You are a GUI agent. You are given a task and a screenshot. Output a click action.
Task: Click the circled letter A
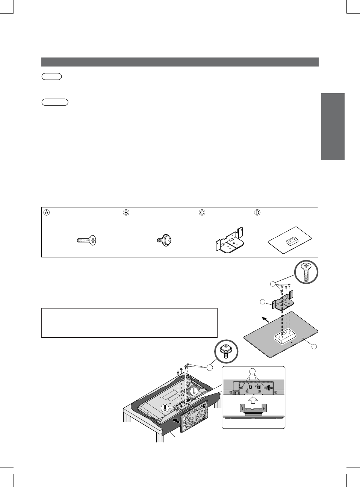coord(46,212)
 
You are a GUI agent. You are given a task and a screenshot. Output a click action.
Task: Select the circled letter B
coord(126,212)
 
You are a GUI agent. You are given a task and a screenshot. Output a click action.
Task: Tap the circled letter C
coord(202,212)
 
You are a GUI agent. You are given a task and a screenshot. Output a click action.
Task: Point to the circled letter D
coord(257,212)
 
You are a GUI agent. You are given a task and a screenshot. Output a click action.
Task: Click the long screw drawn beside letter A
coord(86,240)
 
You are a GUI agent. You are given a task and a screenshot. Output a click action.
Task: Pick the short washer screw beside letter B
coord(165,239)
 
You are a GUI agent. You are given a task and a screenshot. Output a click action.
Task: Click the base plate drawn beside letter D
coord(290,240)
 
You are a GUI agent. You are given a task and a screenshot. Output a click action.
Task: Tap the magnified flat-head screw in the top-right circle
coord(306,272)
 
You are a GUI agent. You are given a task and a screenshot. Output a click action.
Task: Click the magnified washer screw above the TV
coord(226,351)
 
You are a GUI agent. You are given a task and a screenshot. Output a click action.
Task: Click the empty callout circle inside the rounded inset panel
coord(253,372)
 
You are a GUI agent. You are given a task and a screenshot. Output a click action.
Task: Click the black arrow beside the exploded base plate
coord(265,319)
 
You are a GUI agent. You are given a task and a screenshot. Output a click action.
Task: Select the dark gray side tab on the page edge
coord(333,126)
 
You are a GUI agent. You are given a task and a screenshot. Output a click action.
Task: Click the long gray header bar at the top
coord(180,62)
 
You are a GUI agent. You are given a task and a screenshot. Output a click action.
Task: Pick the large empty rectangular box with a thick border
coord(129,323)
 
